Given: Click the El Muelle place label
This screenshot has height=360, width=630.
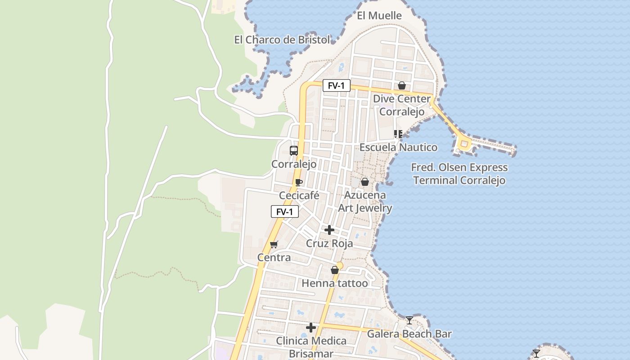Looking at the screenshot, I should pos(379,16).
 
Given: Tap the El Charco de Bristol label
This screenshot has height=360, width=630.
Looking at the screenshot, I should pos(282,40).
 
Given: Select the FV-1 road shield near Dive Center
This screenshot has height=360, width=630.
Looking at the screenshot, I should pos(336,85).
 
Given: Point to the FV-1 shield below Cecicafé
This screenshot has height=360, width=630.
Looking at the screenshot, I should pos(284,211).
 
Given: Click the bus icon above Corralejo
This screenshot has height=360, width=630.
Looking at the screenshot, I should pos(294,150).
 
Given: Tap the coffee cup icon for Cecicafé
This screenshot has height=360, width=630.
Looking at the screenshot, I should pos(298,182).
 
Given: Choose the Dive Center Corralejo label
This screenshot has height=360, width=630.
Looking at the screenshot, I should pos(402,105).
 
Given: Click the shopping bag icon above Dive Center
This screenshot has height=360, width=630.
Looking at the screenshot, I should pos(402,85).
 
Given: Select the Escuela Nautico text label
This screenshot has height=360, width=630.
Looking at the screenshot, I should pos(398,147).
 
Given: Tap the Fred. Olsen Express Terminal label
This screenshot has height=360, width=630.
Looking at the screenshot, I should pos(459,174).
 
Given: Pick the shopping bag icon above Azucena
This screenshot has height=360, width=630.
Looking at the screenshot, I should pos(365,182).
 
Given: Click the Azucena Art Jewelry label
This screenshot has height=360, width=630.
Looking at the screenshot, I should pos(365,201).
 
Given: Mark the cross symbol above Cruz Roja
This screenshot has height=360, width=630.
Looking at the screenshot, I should pos(329,230).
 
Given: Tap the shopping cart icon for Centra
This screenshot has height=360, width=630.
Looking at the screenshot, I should pos(274,244).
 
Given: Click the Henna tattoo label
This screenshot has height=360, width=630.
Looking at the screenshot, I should pos(334,283).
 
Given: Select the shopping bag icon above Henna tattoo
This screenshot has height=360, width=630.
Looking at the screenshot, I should pos(334,270).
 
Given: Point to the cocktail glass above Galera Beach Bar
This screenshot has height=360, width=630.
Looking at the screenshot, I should pos(409,320).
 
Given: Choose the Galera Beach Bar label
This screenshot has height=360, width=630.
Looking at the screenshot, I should pos(409,334).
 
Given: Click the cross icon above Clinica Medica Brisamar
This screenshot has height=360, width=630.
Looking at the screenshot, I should pos(311,327).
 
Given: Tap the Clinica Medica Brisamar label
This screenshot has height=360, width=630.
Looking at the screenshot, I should pos(311,347).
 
